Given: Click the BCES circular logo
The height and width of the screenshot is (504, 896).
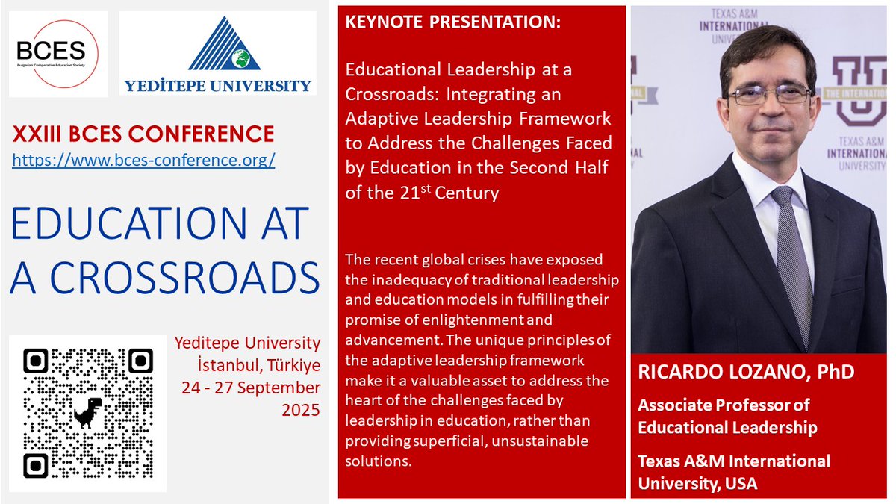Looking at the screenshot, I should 57,54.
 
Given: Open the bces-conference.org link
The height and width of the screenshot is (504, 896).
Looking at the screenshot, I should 143,159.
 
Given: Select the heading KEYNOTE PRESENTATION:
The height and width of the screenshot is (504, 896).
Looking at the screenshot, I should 452,23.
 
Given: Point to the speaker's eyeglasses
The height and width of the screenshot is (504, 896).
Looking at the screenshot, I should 769,95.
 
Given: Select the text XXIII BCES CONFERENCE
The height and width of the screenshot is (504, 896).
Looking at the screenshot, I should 143,134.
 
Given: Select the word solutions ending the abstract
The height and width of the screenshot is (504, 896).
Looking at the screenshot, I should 378,461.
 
